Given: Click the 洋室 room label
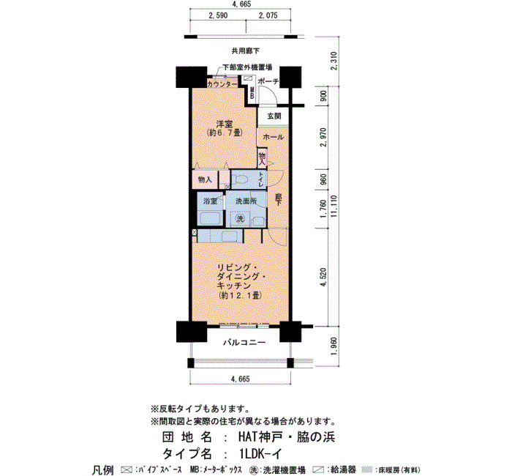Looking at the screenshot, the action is [x=225, y=124].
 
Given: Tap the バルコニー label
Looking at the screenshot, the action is [x=244, y=343].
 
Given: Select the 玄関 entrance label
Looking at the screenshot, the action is [x=274, y=116].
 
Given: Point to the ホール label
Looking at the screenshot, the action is [x=274, y=138].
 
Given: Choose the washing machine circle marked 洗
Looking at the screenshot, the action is [x=241, y=218].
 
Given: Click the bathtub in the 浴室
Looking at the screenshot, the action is [x=211, y=218].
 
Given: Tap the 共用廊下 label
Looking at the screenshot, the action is [x=246, y=51].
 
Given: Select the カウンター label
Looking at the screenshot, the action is [x=222, y=84].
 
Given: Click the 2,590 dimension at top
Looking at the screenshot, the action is [x=218, y=15].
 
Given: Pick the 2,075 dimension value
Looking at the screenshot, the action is [x=268, y=15].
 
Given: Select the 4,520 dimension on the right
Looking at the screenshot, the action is [x=323, y=278].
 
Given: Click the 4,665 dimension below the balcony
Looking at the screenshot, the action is [x=241, y=379].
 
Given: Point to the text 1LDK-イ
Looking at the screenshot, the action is [x=260, y=454].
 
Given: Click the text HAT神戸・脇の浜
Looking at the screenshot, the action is [x=287, y=437].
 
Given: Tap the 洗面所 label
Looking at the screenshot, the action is [x=246, y=201].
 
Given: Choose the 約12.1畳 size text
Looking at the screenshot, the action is [x=241, y=296].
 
